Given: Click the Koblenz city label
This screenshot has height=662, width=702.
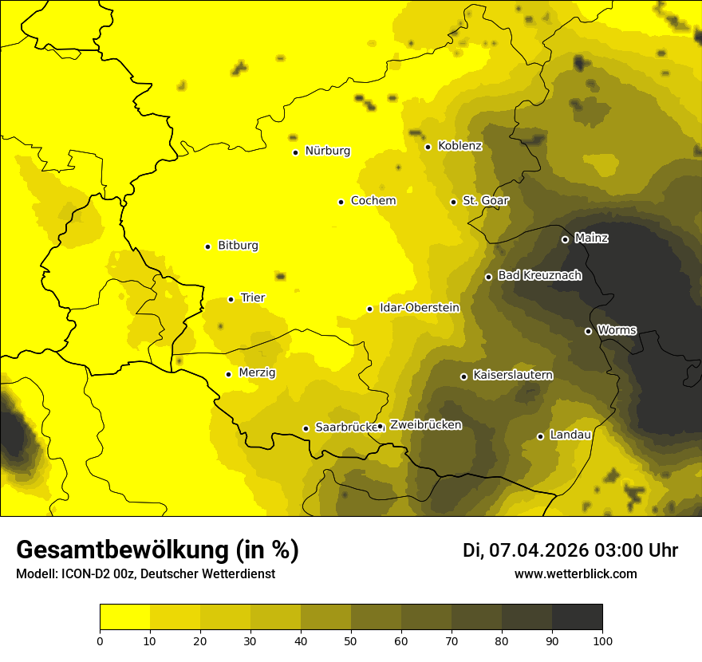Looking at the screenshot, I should point(459,146).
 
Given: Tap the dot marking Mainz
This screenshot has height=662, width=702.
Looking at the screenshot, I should point(565,239).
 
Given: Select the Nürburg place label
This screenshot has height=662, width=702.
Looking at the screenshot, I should point(327,151).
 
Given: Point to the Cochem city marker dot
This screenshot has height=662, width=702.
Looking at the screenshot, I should point(341,202).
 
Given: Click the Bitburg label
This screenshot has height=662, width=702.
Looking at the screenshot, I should point(238,246).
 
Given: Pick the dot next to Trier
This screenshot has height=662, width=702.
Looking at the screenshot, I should point(231,299).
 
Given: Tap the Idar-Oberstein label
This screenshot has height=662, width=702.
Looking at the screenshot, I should point(419,307).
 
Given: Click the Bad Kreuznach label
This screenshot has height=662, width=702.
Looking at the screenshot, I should point(539,275).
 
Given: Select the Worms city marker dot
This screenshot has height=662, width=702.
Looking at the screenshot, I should point(588,331).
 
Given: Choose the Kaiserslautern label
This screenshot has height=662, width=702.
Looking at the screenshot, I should point(512,375).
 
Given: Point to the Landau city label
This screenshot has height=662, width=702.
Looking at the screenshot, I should point(570,435).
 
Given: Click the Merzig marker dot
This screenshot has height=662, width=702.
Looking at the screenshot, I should point(228,374).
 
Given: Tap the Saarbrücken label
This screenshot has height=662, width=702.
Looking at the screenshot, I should point(345,427).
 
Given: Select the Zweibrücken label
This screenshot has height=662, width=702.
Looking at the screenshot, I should point(425,425).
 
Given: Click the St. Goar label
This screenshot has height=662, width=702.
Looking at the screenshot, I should point(485,200).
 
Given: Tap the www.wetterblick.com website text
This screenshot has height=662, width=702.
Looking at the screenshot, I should point(575,574).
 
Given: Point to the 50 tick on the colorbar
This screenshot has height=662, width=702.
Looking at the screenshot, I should point(351,640).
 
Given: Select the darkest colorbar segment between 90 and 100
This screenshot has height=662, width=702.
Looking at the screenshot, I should point(577,617).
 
